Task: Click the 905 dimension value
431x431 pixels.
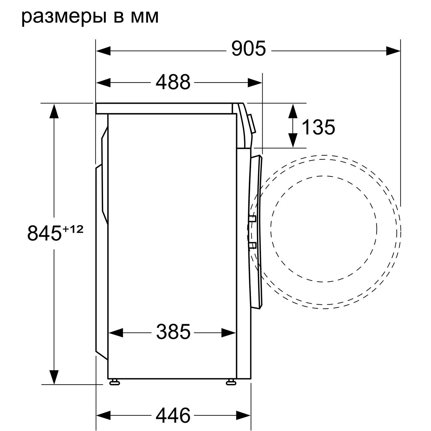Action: pos(249,48)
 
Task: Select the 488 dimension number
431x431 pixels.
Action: pos(173,82)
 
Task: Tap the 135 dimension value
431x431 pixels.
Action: pos(319,127)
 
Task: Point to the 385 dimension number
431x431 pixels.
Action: pos(173,332)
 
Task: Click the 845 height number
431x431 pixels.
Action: pos(44,233)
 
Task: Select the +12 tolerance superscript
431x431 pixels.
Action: pos(73,229)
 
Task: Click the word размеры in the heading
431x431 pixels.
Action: pos(64,17)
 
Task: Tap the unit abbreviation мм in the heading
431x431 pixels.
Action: pos(145,17)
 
